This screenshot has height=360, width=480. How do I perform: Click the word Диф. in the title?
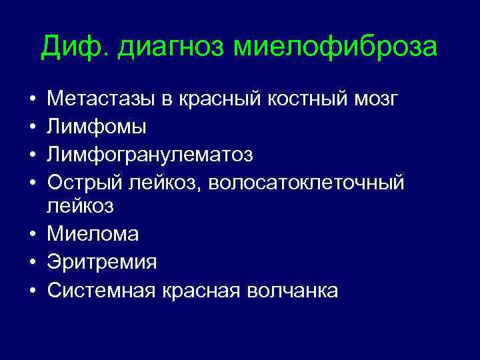[x=69, y=48]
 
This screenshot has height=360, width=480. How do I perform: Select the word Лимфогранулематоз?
[x=150, y=155]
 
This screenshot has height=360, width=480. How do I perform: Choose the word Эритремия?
[x=102, y=262]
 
